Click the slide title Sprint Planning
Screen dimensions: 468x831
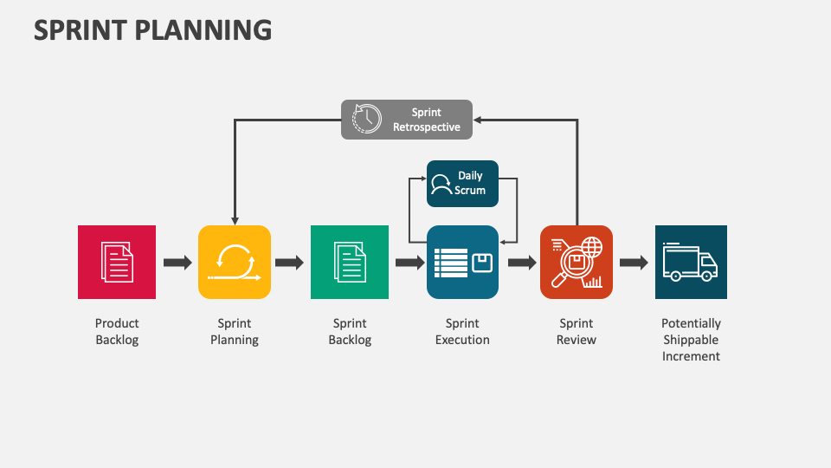click(x=153, y=29)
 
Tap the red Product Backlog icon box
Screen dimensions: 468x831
click(x=117, y=262)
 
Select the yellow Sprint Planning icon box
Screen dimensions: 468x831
click(x=234, y=262)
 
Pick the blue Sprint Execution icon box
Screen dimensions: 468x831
click(x=462, y=262)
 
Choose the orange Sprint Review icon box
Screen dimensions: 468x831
click(x=577, y=262)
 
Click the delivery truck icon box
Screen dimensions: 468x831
click(x=691, y=262)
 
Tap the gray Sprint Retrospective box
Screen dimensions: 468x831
click(x=407, y=119)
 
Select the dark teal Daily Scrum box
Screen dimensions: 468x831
click(x=462, y=183)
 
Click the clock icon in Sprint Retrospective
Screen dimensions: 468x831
click(x=367, y=119)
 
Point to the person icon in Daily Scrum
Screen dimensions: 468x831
click(x=441, y=184)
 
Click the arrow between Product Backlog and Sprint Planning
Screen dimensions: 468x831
click(x=177, y=263)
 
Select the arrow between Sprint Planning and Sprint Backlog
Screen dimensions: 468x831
click(x=290, y=263)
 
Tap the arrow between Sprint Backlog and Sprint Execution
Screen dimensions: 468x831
click(x=409, y=263)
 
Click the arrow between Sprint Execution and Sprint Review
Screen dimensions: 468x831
click(x=522, y=263)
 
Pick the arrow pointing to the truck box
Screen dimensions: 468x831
click(x=634, y=263)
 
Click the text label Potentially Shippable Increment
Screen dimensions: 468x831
click(x=691, y=340)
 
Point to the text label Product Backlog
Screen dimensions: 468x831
click(x=117, y=332)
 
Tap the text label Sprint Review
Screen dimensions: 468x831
click(x=577, y=332)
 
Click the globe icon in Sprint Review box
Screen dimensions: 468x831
click(x=592, y=247)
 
